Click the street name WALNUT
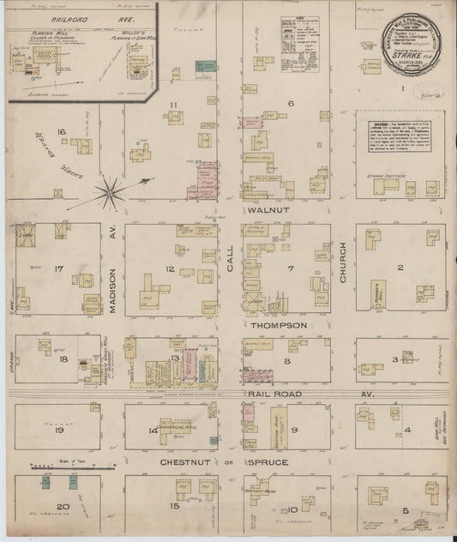coord(262,210)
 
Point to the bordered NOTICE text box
coord(400,142)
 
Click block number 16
coord(61,131)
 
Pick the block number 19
coord(60,431)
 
